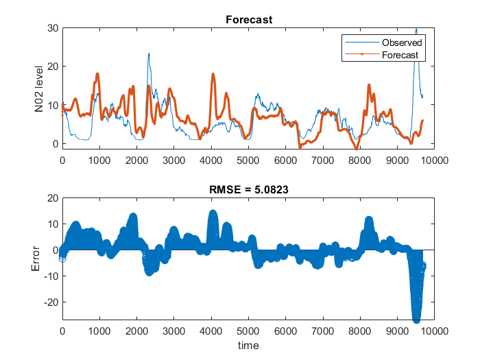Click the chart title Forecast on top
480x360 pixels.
249,19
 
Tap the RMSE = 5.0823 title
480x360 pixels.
249,189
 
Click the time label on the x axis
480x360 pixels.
249,346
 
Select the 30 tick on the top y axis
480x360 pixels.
53,28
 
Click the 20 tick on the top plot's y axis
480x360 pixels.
53,67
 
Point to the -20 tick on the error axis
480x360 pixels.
50,302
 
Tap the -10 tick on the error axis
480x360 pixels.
50,276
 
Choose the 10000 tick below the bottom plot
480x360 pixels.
435,331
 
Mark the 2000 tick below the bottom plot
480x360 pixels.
137,331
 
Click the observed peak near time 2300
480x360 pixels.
149,53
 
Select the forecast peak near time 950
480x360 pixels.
97,73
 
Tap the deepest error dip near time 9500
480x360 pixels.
416,320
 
